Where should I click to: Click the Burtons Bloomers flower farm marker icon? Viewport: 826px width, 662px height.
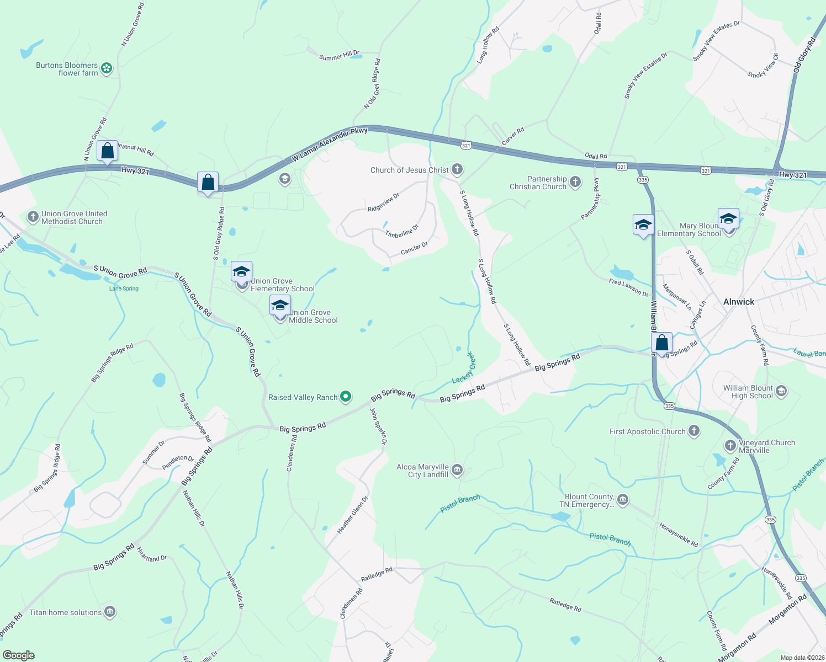[x=107, y=68]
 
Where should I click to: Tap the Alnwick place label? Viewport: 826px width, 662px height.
[x=739, y=302]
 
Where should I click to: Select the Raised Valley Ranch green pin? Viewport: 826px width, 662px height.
[x=346, y=397]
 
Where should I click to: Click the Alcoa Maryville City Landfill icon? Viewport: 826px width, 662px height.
[x=457, y=470]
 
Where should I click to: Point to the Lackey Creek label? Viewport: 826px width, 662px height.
[x=464, y=368]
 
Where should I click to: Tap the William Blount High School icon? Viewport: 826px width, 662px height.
[x=781, y=392]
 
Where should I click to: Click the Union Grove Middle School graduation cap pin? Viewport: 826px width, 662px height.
[x=280, y=306]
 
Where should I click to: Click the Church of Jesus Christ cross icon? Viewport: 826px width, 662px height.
[x=457, y=169]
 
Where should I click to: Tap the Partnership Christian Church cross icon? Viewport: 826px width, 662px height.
[x=575, y=182]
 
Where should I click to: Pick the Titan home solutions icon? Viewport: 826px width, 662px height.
[x=110, y=612]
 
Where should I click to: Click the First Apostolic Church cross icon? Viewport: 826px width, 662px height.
[x=694, y=431]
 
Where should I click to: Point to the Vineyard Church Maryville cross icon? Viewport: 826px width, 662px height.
[x=730, y=445]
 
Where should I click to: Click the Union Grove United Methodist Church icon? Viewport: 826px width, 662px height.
[x=33, y=217]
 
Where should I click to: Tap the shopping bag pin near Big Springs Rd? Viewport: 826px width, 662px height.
[x=661, y=343]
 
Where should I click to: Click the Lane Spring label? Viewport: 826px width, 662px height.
[x=124, y=289]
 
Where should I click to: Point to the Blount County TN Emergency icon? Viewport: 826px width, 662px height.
[x=623, y=500]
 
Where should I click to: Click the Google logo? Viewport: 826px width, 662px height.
[x=18, y=655]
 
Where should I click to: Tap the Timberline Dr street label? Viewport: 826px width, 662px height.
[x=402, y=231]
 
